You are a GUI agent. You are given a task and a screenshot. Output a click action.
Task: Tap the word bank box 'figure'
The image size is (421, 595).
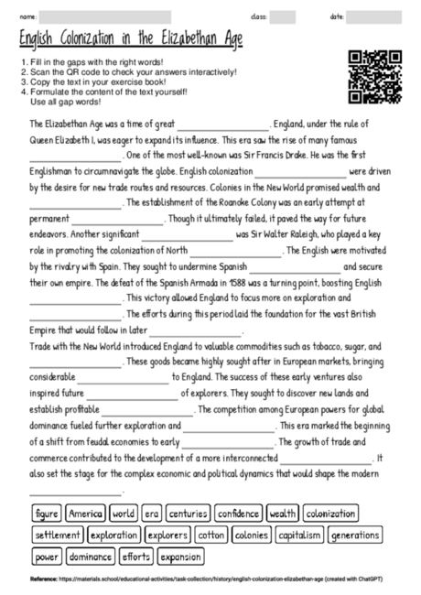(x=48, y=514)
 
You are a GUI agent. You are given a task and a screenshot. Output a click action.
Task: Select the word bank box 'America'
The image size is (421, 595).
(x=86, y=514)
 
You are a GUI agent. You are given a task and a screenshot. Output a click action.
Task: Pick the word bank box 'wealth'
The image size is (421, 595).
(x=284, y=514)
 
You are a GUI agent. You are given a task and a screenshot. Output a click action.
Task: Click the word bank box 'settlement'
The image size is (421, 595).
(x=59, y=535)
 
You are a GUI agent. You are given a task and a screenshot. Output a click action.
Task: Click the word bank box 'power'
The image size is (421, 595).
(x=47, y=556)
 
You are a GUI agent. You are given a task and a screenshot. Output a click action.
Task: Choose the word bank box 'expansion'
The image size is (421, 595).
(x=180, y=556)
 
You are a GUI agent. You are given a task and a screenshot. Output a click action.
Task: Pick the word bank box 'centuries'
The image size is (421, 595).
(x=188, y=514)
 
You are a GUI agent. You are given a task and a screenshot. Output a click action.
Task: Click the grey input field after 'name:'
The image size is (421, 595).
(x=105, y=16)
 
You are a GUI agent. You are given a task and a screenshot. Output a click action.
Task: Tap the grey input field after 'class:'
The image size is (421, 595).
(x=283, y=16)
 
